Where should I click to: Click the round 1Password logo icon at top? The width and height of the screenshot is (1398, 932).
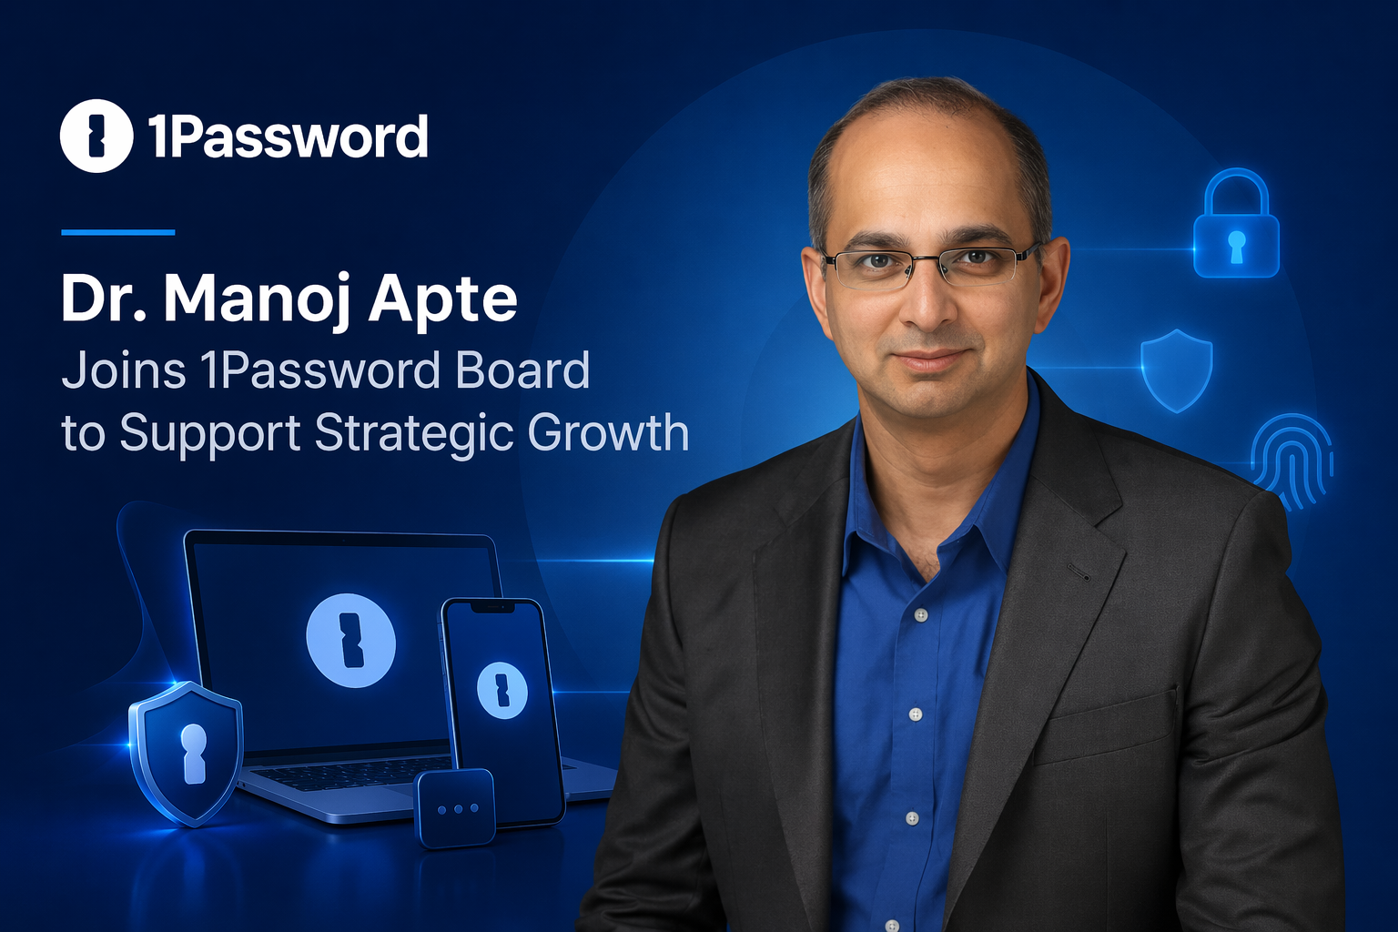96,136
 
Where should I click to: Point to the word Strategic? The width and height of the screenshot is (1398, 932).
413,433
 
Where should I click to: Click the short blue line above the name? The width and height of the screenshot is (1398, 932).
117,232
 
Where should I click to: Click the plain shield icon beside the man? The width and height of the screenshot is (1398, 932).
1176,369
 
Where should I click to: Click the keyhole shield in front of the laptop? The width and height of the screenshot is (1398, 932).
187,752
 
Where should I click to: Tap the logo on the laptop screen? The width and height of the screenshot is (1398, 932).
350,640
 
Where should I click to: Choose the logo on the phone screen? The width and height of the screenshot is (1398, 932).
501,690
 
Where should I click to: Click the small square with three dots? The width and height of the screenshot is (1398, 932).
455,808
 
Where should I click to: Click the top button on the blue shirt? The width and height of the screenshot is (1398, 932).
920,615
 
